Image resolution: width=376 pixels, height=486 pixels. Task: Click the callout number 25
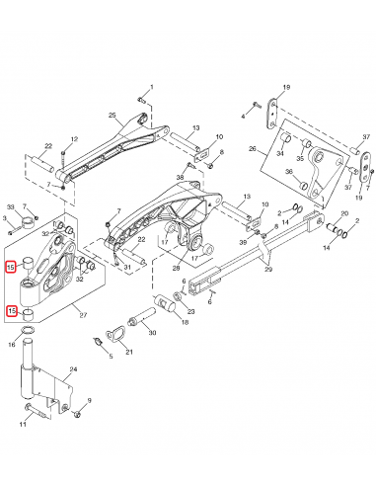tap(112, 115)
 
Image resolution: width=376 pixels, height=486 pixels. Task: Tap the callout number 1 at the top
tap(151, 88)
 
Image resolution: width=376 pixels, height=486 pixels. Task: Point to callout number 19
tap(287, 88)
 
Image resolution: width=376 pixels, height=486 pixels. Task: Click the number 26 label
tap(253, 149)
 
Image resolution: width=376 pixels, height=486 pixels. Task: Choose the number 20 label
tap(343, 213)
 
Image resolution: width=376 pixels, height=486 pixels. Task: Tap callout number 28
tap(177, 268)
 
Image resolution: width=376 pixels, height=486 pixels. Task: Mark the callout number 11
tap(23, 424)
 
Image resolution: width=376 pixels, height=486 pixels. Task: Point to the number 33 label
tap(11, 205)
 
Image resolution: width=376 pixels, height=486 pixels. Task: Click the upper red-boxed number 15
tap(11, 267)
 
